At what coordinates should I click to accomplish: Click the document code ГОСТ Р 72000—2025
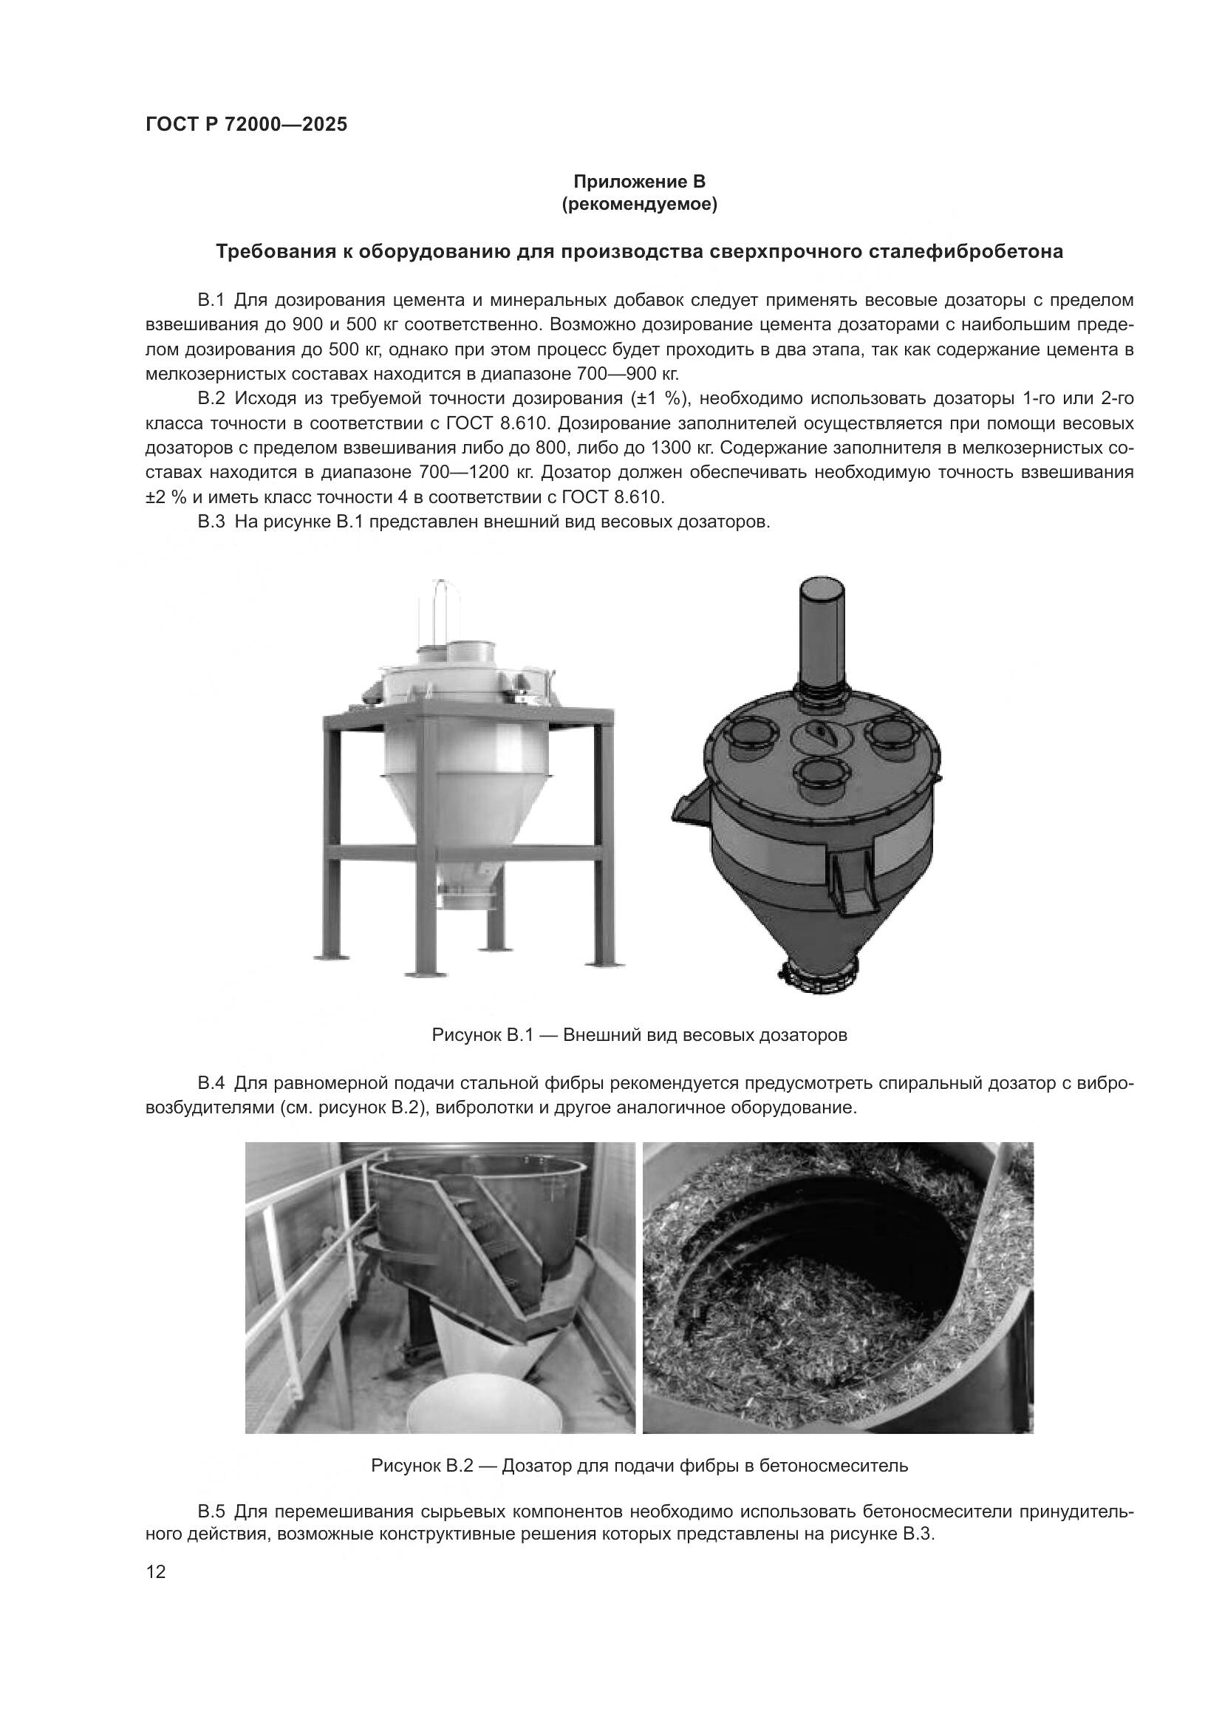coord(246,124)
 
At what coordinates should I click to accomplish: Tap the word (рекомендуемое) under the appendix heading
coord(639,204)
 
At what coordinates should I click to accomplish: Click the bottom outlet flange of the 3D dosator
coord(819,972)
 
